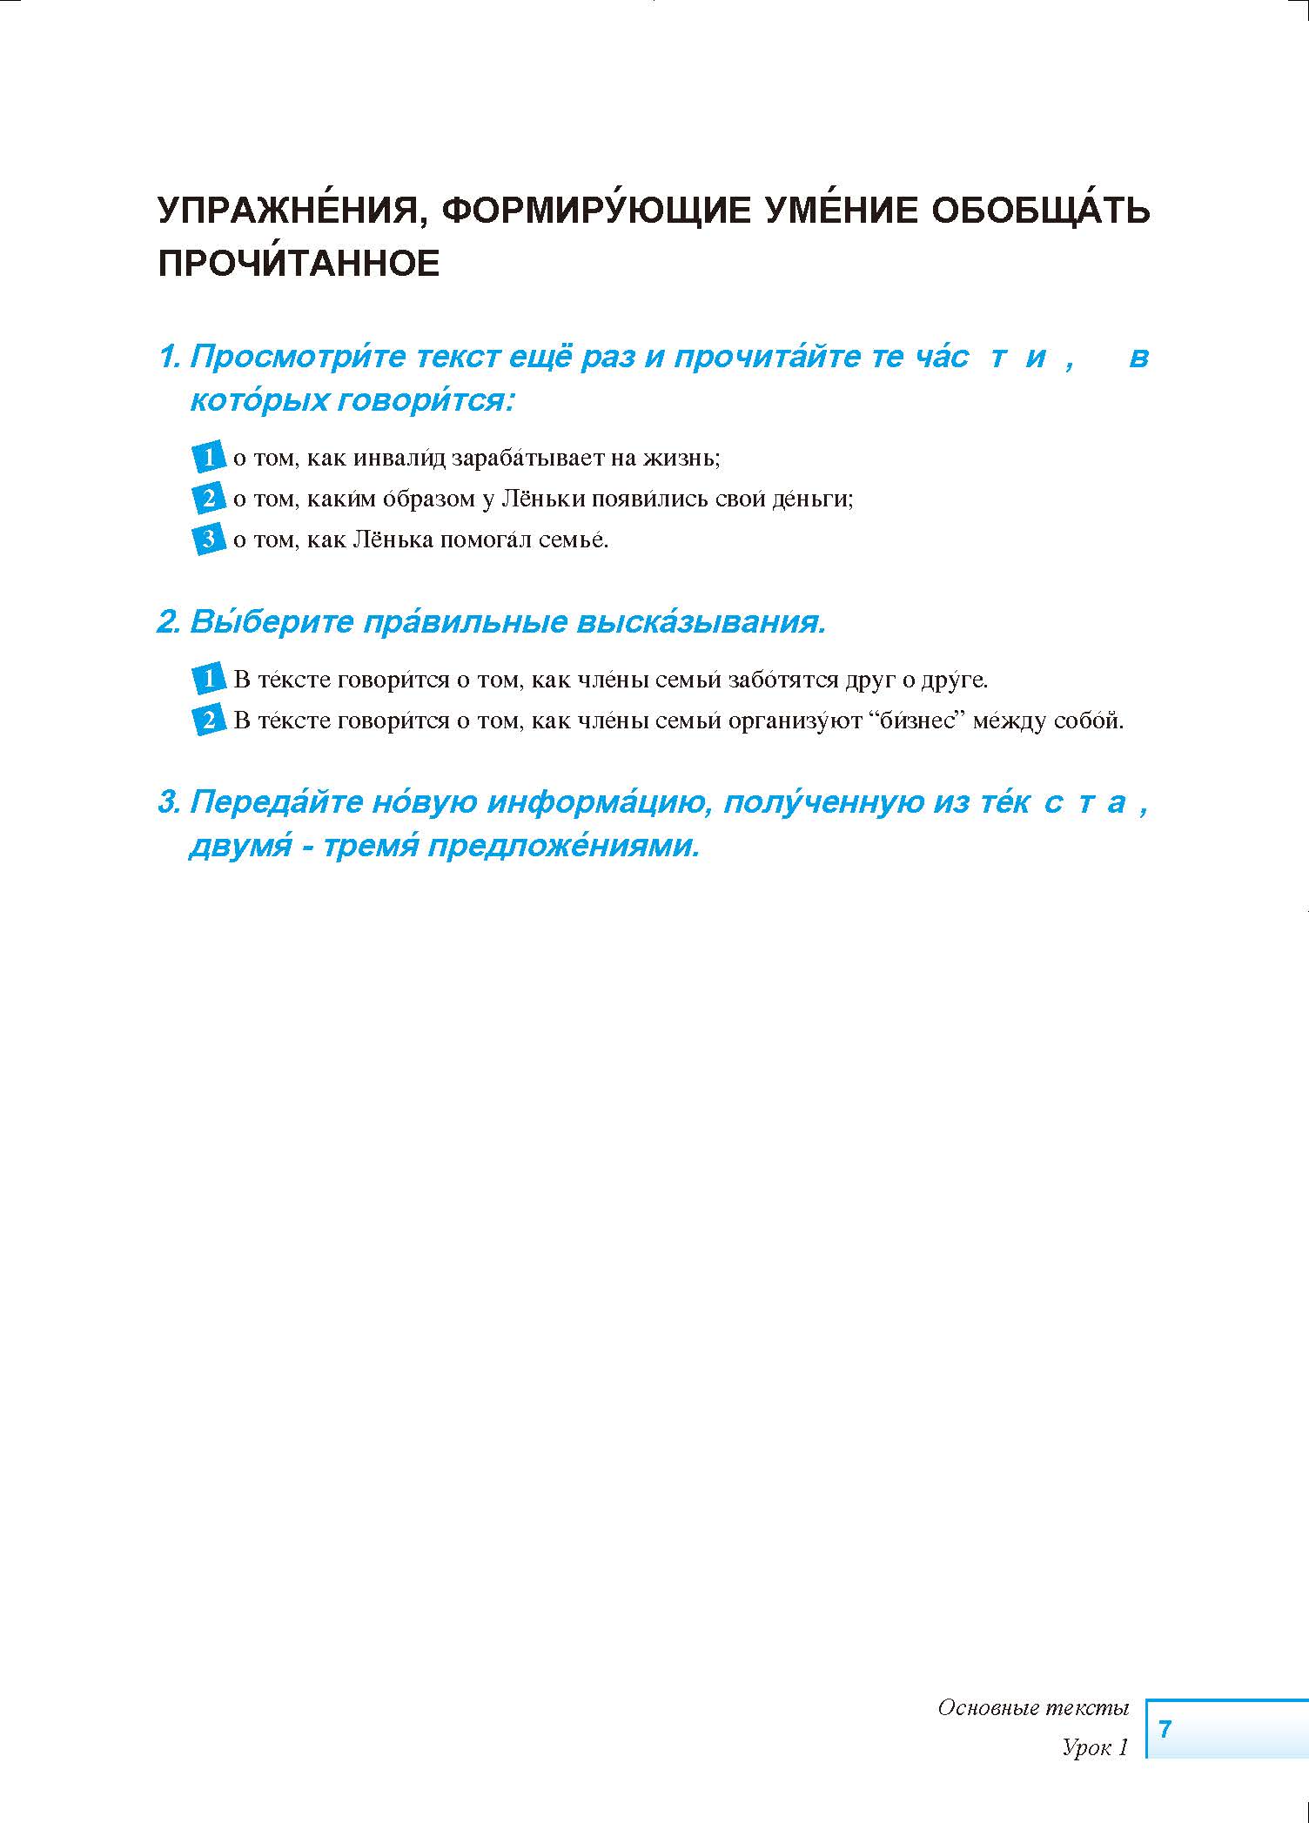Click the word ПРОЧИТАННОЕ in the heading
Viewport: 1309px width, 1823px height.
tap(299, 264)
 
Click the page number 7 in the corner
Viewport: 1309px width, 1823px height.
tap(1165, 1727)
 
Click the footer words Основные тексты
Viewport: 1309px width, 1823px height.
tap(1032, 1707)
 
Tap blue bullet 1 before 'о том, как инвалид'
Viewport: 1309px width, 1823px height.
tap(208, 457)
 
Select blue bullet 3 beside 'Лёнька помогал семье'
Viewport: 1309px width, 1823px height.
tap(208, 539)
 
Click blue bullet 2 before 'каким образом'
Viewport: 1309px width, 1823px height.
tap(208, 499)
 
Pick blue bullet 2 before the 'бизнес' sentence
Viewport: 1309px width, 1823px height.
tap(208, 720)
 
